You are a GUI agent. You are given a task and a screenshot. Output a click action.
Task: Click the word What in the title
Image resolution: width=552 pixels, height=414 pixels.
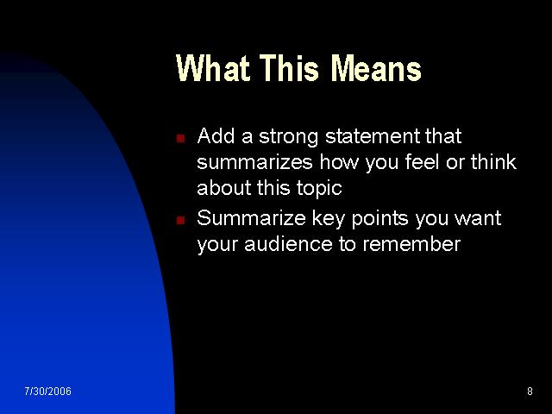coord(213,68)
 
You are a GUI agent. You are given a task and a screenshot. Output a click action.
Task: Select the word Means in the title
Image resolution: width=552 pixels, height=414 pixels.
coord(376,68)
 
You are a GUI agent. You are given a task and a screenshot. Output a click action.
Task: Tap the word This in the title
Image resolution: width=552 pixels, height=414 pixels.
coord(290,68)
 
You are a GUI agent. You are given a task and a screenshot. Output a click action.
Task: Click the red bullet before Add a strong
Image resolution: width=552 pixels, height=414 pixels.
coord(180,138)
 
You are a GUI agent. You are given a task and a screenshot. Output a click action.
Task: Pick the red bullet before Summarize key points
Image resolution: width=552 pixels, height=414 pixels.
coord(180,221)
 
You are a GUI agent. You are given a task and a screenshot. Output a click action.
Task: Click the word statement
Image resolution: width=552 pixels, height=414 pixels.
coord(373,136)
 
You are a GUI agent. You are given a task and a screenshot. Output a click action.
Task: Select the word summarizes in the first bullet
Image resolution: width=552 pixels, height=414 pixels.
coord(254,162)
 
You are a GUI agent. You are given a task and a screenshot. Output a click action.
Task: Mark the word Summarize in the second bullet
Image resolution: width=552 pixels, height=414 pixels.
coord(251,218)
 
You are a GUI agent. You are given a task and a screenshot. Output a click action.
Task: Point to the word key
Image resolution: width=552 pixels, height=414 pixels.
coord(329,219)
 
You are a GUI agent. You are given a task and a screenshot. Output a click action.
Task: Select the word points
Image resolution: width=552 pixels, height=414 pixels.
coord(379,219)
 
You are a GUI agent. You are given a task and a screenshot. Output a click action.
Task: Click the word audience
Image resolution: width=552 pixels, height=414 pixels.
coord(288,244)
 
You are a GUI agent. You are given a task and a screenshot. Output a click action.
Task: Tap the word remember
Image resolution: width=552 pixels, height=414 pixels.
coord(411,244)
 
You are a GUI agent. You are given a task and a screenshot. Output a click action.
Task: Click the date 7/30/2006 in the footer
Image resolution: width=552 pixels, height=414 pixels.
coord(48,391)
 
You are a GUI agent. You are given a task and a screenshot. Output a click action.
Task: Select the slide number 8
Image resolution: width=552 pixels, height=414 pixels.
coord(530,391)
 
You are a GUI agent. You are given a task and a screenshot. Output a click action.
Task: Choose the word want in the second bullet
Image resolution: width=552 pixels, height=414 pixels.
coord(478,218)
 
